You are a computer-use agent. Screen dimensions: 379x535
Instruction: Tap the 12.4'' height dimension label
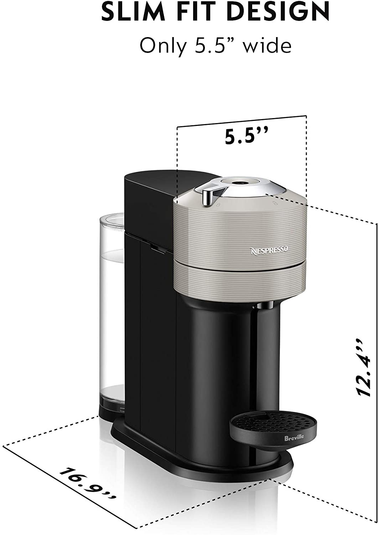(363, 371)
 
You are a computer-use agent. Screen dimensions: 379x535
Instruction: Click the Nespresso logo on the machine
(269, 250)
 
